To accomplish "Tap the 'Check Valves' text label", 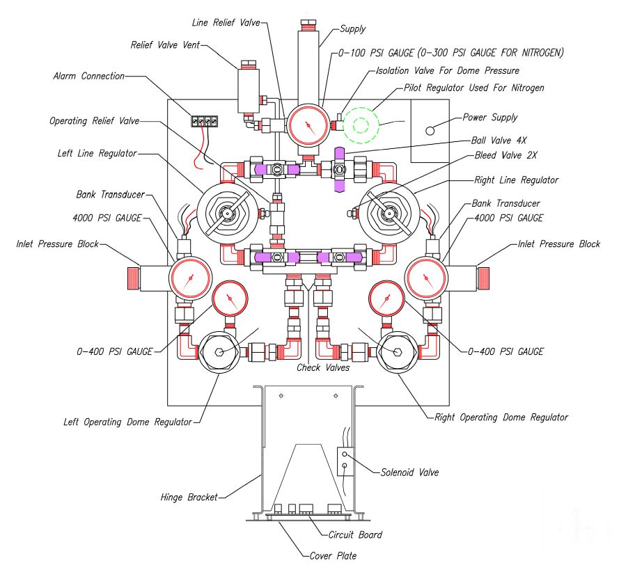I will coord(322,367).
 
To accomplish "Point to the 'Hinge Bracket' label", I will coord(187,497).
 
